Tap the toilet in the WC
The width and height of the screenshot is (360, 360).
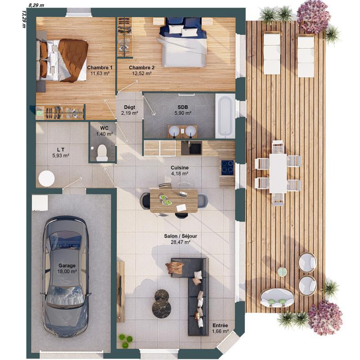[x=102, y=152]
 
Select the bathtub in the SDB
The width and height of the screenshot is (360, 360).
[x=225, y=116]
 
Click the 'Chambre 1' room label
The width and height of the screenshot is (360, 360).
[x=100, y=67]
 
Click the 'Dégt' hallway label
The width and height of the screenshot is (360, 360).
[x=129, y=107]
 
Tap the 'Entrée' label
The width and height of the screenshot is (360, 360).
[x=220, y=326]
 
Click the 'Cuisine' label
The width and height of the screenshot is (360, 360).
[x=180, y=167]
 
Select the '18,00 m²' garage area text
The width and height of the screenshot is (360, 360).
[x=67, y=271]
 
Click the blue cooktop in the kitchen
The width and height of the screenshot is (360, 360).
[x=227, y=167]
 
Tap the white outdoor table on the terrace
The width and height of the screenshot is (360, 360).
[x=278, y=173]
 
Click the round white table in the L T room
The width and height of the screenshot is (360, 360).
[x=46, y=179]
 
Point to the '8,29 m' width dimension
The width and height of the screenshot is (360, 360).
[x=36, y=4]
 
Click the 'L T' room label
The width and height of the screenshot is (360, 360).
[x=60, y=149]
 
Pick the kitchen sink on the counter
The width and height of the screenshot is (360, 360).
[x=195, y=148]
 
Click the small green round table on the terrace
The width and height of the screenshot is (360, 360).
[x=282, y=271]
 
